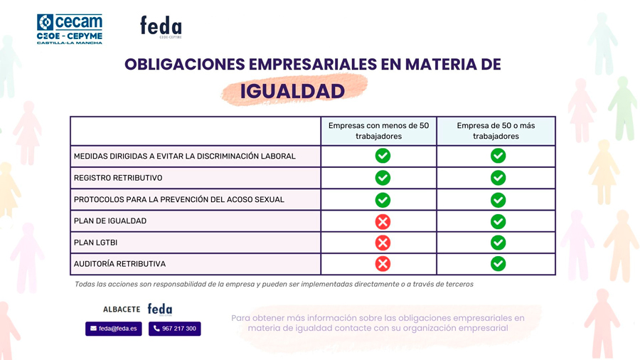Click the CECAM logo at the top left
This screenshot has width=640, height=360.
70,28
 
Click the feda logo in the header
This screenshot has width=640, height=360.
161,27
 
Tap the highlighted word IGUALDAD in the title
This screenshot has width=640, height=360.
292,91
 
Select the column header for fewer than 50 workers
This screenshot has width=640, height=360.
378,131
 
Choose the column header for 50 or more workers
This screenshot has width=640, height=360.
496,131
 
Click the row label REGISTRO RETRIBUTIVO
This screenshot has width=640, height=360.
118,178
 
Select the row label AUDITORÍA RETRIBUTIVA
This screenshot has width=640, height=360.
119,264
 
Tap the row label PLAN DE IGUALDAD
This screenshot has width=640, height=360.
110,221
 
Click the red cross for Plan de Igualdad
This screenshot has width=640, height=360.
383,221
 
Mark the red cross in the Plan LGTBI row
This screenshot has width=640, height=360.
383,243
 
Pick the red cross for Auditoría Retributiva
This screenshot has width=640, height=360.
383,264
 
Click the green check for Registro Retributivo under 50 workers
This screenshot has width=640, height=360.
383,177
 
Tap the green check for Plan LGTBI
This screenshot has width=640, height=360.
498,243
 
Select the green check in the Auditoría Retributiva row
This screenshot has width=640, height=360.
498,264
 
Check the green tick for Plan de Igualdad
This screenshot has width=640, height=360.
498,221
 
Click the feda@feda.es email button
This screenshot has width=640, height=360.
114,329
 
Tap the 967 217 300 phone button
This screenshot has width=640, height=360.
174,329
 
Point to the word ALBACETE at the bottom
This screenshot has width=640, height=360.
122,309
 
